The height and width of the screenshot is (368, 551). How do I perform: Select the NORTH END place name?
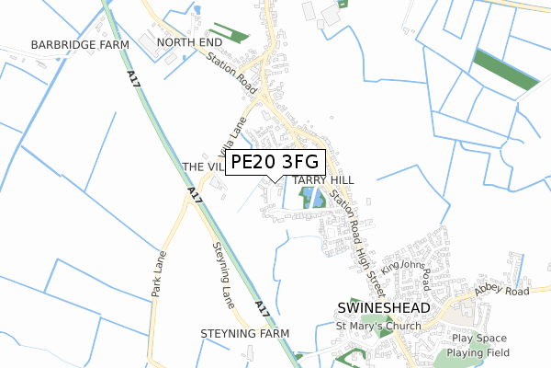pyautogui.click(x=190, y=43)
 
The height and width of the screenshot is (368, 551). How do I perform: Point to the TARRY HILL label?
pyautogui.click(x=323, y=179)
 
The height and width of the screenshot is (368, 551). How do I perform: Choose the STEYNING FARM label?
pyautogui.click(x=244, y=333)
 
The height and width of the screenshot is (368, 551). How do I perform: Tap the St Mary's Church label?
pyautogui.click(x=377, y=326)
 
